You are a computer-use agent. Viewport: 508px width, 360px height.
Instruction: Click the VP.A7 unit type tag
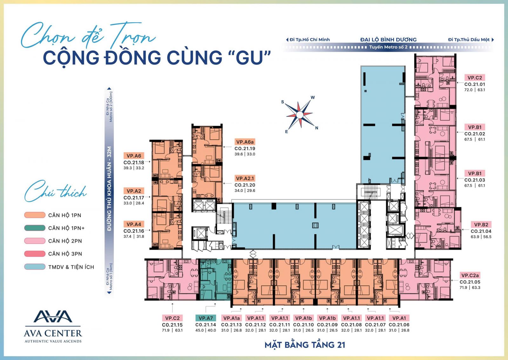point(206,318)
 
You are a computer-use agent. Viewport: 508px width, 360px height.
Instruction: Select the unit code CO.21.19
point(245,149)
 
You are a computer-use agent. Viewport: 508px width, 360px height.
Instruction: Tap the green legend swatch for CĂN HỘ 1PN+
point(35,228)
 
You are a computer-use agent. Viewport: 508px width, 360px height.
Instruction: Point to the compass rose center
point(300,115)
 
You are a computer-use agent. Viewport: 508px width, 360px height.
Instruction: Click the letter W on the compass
point(312,97)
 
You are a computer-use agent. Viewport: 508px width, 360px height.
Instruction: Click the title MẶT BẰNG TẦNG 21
point(305,345)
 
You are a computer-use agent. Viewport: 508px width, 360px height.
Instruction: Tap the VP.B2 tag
point(481,224)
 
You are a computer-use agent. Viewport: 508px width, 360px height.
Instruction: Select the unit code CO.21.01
point(475,84)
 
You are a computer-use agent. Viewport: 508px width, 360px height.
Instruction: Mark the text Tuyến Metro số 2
point(388,47)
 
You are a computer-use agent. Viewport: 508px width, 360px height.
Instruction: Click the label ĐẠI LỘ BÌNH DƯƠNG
point(388,39)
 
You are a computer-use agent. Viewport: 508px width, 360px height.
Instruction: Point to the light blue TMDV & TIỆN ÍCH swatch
point(35,267)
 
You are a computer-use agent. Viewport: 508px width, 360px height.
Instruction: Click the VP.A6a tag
point(245,142)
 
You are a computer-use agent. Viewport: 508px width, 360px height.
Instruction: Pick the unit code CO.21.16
point(134,231)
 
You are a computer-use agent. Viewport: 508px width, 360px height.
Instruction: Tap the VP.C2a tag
point(470,275)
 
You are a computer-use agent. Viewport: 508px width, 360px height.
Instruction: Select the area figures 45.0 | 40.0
point(206,330)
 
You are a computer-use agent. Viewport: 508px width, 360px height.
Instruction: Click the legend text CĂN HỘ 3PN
point(65,254)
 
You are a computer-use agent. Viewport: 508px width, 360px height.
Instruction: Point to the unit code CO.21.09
point(327,325)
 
